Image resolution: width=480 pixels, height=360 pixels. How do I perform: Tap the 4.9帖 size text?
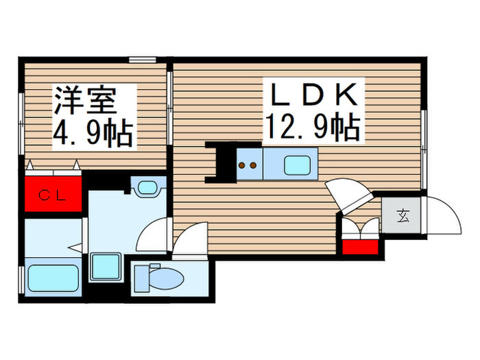[93, 134]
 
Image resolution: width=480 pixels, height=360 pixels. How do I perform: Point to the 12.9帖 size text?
[313, 126]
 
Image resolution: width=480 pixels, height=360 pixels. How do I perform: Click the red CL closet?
[52, 195]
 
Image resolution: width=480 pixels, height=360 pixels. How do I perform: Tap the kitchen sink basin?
[296, 165]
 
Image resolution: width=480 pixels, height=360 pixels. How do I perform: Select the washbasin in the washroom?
[147, 187]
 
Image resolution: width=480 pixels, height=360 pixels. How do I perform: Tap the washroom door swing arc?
[154, 236]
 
